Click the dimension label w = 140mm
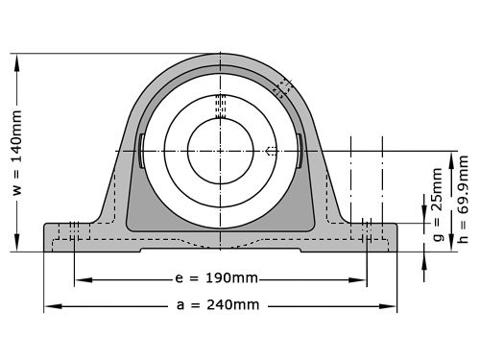(x=16, y=153)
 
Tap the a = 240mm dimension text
(x=220, y=305)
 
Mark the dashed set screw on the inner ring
(x=271, y=151)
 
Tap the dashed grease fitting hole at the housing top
(x=282, y=87)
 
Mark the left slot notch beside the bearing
(x=141, y=151)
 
